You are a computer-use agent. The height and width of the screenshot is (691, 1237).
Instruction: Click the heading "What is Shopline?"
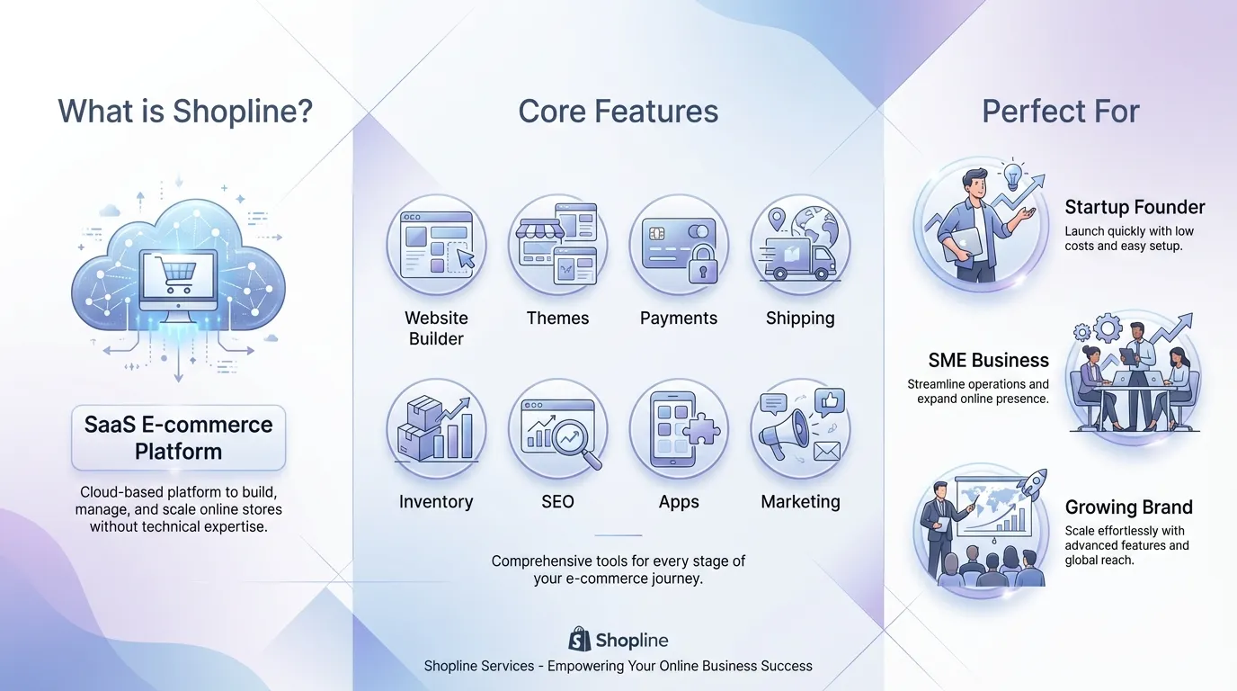(x=185, y=112)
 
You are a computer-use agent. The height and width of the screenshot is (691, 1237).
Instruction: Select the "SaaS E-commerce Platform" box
(x=178, y=437)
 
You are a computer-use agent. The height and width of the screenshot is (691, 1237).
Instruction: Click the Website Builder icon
(x=436, y=245)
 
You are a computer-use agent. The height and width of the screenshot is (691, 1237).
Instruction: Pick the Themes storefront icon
(x=557, y=245)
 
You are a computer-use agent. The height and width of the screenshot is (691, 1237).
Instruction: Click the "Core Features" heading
(x=618, y=112)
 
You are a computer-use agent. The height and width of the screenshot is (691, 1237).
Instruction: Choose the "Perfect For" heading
(x=1061, y=112)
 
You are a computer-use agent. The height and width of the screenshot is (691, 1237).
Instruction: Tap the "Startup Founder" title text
(x=1135, y=207)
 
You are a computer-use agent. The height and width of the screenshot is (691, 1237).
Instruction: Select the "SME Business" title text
(x=988, y=360)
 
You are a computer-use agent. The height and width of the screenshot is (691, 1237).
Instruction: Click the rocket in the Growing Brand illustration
(x=1034, y=483)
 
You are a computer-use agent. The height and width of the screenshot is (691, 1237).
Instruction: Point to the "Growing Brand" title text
(x=1128, y=507)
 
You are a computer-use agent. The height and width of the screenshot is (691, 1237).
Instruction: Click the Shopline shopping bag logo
(x=580, y=640)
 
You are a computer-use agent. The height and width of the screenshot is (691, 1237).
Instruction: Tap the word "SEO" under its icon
(x=557, y=502)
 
